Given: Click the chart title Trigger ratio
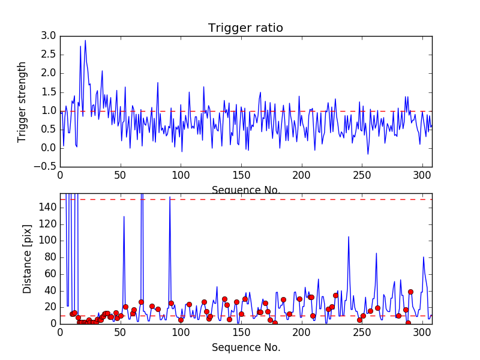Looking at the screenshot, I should (245, 28).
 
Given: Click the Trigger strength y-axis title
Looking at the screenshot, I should (22, 101).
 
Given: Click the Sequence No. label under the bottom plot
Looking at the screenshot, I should (246, 347).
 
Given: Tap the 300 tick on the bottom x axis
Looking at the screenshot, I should (422, 333).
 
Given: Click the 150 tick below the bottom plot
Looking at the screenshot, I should (241, 333).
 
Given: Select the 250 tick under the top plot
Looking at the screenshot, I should (362, 176).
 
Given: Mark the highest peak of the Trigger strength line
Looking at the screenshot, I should (85, 40).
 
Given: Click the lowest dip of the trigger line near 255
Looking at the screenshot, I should (368, 154).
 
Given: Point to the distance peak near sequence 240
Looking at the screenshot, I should (349, 236).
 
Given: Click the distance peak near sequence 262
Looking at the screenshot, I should (376, 253).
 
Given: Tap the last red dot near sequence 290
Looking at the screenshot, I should (410, 292).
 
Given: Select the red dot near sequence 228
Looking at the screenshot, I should (335, 295).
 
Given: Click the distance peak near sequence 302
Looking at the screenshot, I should (424, 257).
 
